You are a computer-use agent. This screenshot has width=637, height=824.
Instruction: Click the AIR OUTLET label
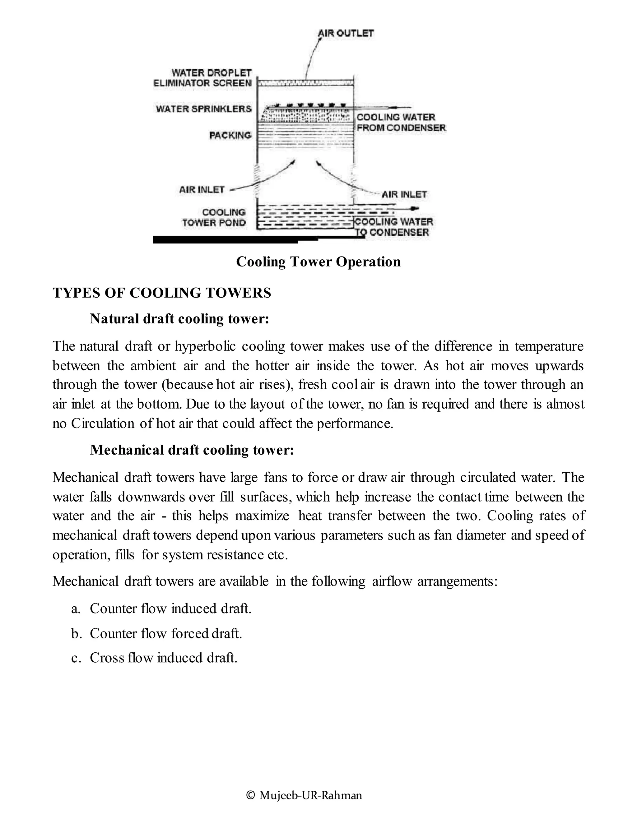(346, 33)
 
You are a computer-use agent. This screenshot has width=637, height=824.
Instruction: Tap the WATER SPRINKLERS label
(204, 109)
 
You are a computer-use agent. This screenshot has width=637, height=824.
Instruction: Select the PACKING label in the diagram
(230, 135)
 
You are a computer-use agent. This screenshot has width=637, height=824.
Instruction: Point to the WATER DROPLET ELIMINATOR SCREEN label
(203, 78)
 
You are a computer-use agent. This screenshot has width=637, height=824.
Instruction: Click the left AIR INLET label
(202, 189)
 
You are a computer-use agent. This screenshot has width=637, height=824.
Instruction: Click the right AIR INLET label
(404, 195)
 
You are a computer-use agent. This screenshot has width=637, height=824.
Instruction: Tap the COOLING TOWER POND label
(214, 218)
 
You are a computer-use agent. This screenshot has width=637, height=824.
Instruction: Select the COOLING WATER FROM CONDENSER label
(401, 123)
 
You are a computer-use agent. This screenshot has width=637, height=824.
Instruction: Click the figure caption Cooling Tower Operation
(318, 262)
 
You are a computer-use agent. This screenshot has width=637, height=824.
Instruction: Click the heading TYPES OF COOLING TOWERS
(162, 293)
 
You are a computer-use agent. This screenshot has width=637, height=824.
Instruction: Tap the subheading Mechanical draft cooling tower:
(192, 450)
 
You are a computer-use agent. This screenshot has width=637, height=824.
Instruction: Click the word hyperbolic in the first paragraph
(205, 346)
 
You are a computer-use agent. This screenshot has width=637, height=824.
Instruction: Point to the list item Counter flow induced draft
(170, 609)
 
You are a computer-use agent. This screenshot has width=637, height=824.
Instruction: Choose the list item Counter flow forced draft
(166, 633)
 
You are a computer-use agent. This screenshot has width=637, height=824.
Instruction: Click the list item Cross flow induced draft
(163, 658)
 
